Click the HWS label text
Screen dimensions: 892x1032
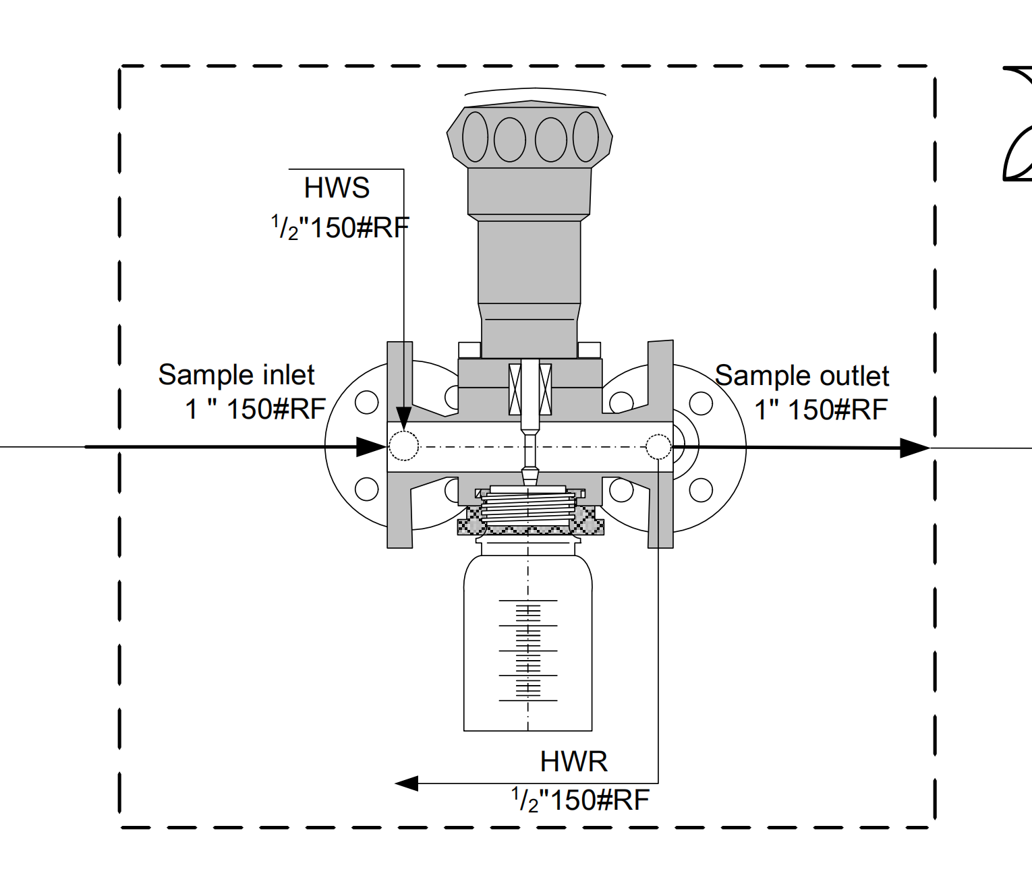[337, 188]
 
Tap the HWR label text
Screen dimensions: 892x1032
[573, 762]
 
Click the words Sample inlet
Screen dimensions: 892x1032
[236, 375]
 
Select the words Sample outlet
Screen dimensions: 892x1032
[802, 376]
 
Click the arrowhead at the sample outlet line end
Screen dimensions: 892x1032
[915, 448]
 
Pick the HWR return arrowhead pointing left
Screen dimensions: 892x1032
[407, 783]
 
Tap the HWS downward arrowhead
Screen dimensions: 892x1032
[403, 417]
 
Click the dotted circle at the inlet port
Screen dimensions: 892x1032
[404, 446]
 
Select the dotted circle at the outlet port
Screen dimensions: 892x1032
[658, 446]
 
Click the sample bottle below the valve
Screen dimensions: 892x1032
[527, 647]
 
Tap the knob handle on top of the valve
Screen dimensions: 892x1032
[529, 136]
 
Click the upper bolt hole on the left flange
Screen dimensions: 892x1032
[366, 403]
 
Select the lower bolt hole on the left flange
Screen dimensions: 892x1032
[366, 489]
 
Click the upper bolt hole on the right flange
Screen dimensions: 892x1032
[701, 403]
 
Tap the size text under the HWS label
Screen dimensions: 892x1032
[341, 227]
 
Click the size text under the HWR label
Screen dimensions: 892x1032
[580, 800]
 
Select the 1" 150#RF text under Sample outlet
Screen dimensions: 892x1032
[820, 410]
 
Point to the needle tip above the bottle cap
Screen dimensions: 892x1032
[529, 478]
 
